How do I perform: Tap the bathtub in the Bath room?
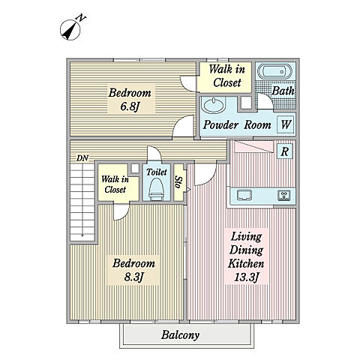[274, 72]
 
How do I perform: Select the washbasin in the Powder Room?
[213, 105]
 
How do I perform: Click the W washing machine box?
[286, 124]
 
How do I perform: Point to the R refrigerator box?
[285, 151]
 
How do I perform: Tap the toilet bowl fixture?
[156, 189]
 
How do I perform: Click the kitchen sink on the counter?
[244, 195]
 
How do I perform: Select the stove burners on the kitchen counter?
[284, 195]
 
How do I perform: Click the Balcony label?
[180, 335]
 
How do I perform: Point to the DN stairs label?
[82, 158]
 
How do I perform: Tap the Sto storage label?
[179, 183]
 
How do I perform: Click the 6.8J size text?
[130, 106]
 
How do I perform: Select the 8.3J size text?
[133, 277]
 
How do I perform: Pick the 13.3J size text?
[246, 277]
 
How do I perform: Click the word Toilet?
[157, 172]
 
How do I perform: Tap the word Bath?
[283, 91]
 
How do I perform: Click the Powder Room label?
[237, 124]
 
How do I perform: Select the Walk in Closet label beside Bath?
[226, 76]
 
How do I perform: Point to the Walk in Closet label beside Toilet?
[115, 184]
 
